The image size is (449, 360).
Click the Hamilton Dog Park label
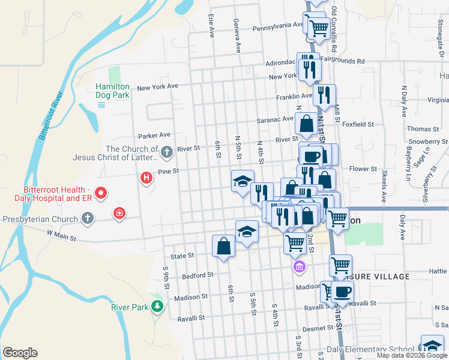click(112, 91)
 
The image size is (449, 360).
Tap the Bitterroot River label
click(51, 115)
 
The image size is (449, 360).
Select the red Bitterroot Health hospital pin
click(101, 193)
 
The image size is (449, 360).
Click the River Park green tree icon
click(158, 307)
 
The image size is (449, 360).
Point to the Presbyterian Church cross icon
click(88, 218)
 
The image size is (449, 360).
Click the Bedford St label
click(198, 275)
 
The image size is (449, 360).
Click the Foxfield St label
click(358, 124)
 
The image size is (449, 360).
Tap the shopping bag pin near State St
click(224, 246)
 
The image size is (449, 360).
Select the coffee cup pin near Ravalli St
click(343, 292)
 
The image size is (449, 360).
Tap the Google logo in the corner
click(20, 353)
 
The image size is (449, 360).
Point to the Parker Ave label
click(154, 136)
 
